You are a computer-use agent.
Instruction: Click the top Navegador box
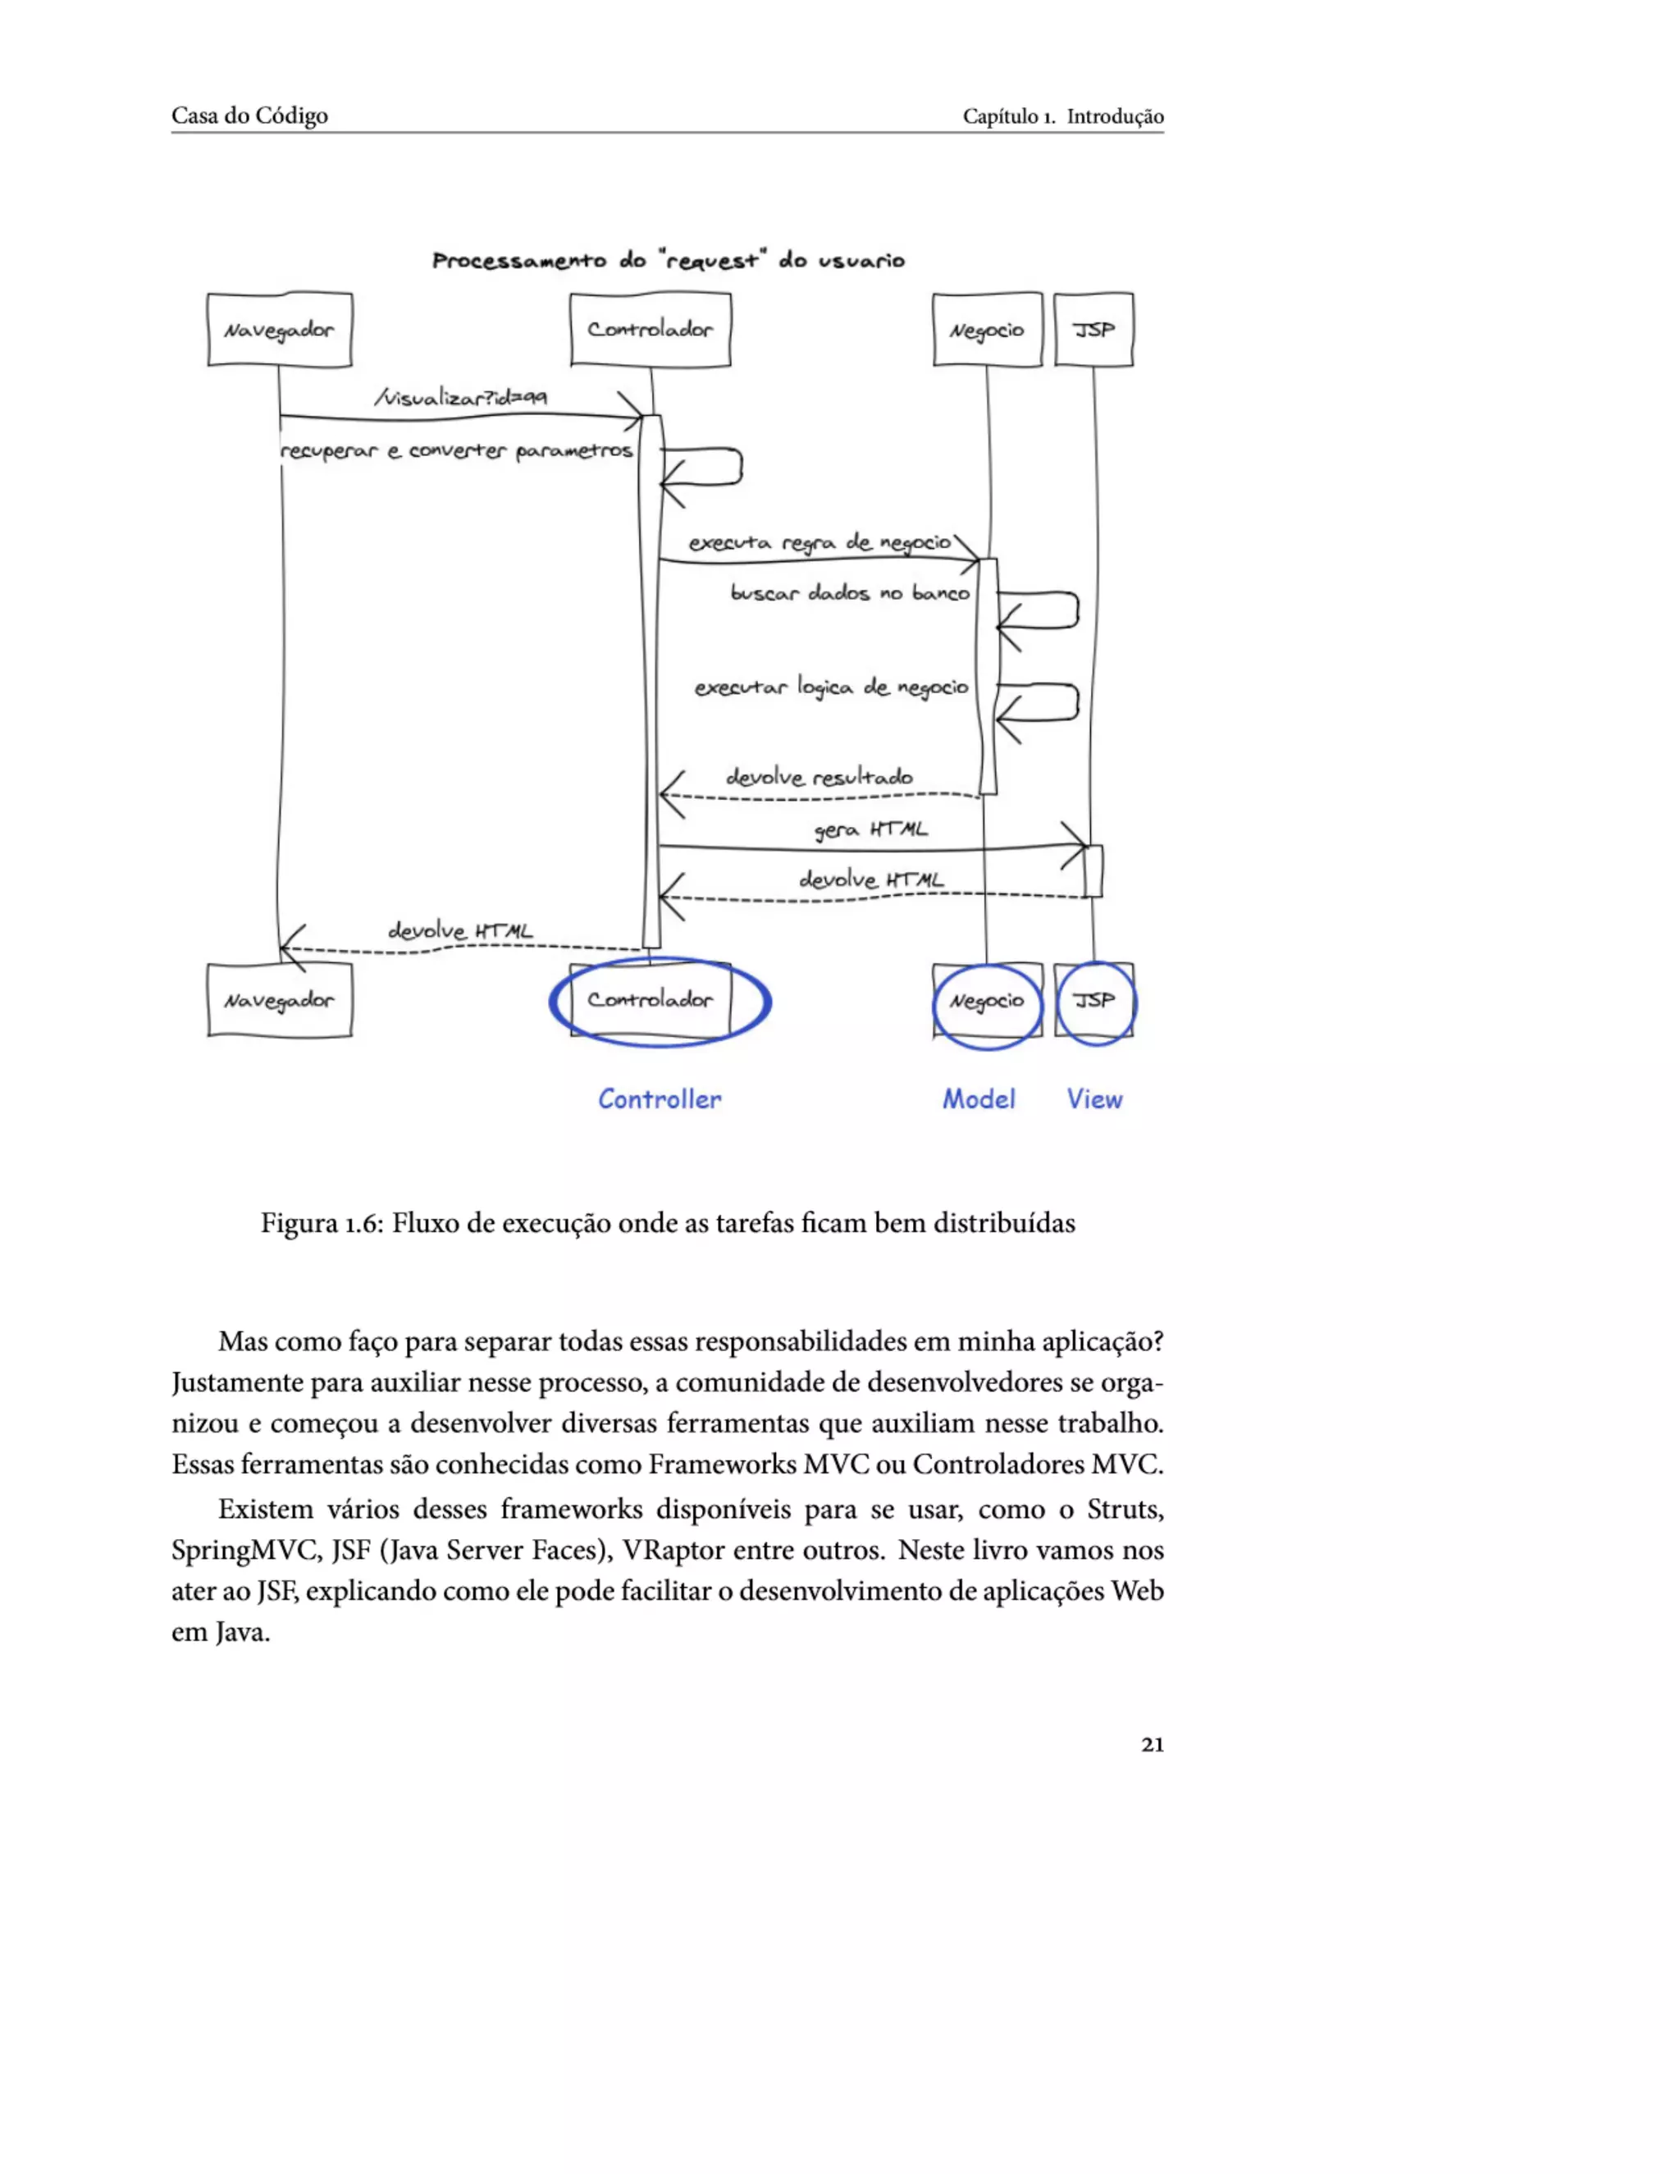(280, 330)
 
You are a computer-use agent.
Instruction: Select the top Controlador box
(650, 330)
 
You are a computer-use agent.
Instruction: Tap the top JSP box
(1093, 330)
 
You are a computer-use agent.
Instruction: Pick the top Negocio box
(986, 330)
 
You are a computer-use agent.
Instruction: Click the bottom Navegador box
(280, 1000)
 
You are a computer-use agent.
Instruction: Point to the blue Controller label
(659, 1099)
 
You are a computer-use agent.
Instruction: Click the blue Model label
(979, 1099)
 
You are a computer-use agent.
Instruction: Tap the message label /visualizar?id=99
(461, 397)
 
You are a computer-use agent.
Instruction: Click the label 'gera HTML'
(871, 829)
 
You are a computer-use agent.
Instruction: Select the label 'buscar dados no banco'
(849, 593)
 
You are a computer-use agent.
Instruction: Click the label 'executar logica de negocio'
(831, 687)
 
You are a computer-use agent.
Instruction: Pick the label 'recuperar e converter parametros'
(456, 451)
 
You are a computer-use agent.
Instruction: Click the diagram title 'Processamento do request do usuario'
(668, 261)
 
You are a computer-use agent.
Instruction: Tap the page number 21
(1152, 1744)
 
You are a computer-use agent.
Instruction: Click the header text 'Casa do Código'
(249, 116)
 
